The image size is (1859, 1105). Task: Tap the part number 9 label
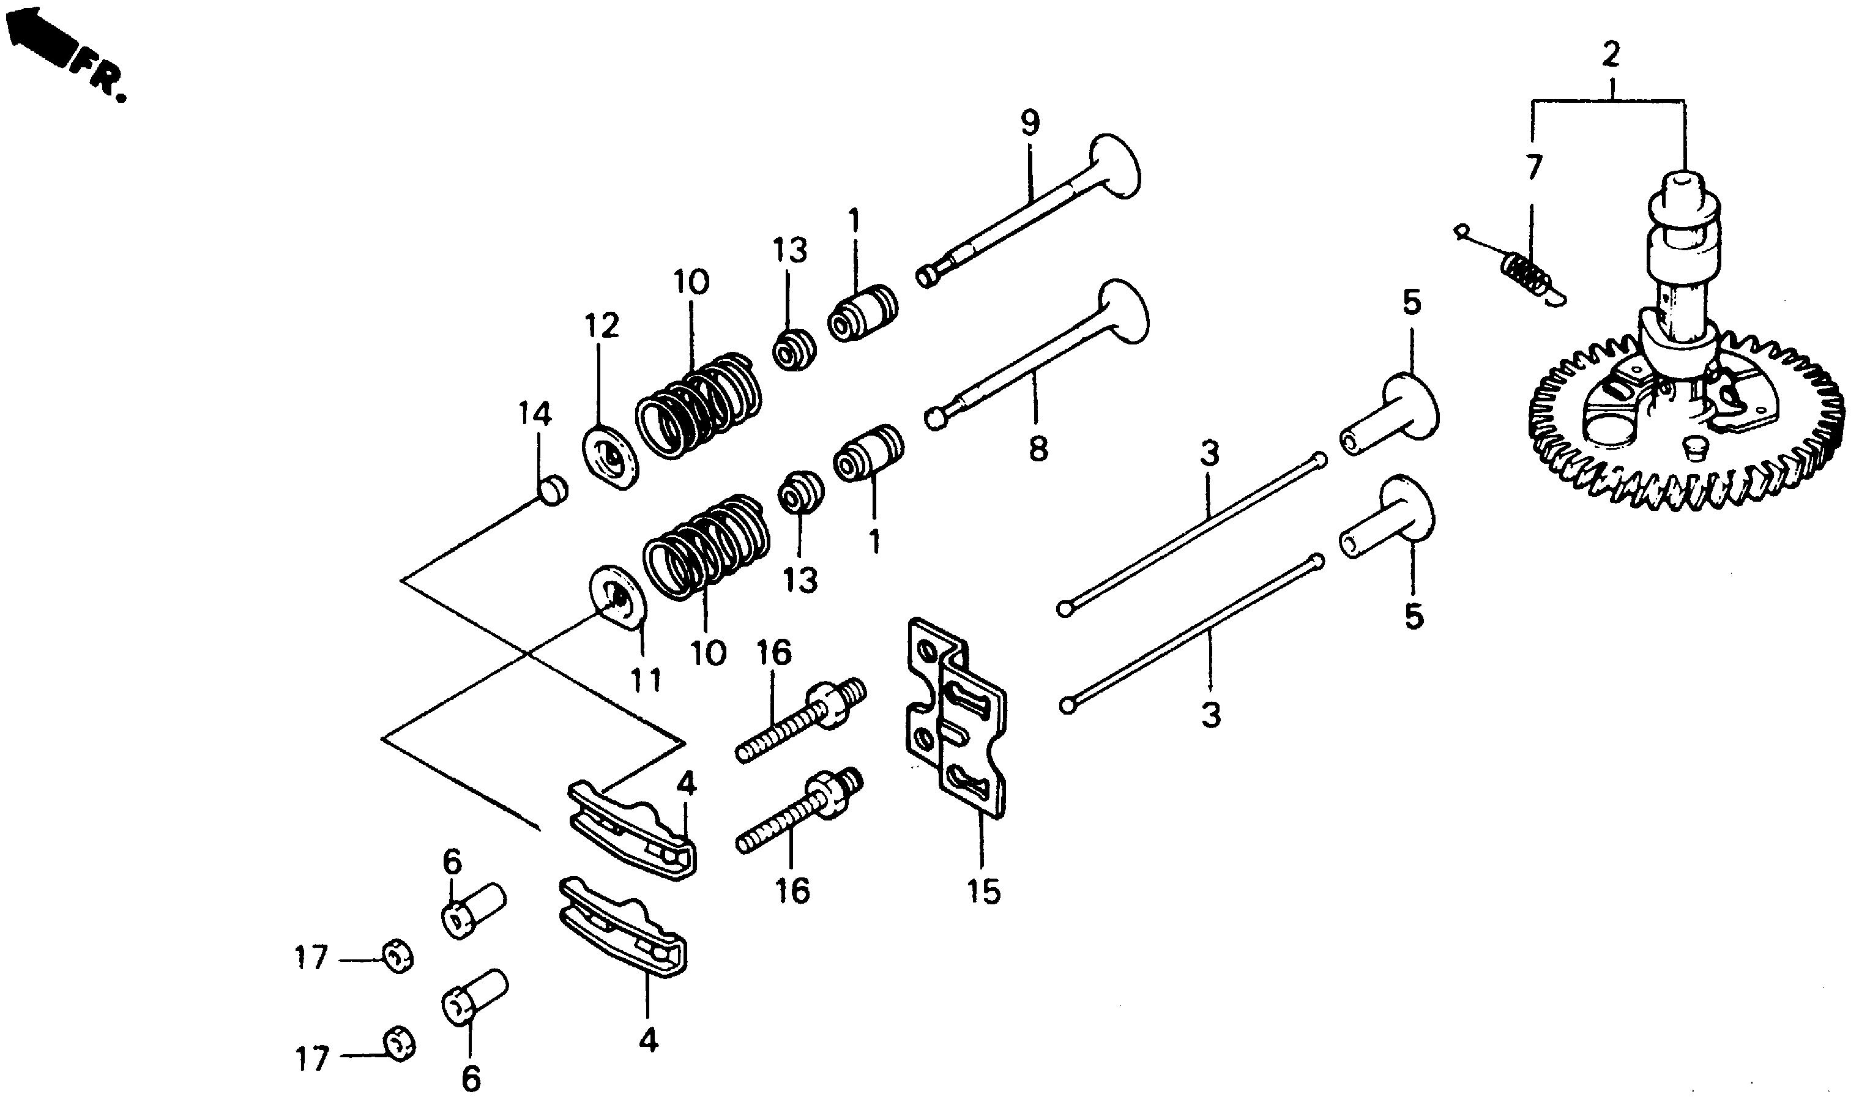tap(1030, 124)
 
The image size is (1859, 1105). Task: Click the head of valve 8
tap(1124, 311)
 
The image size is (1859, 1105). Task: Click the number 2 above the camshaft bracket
tap(1611, 55)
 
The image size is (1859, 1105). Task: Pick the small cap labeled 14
tap(552, 490)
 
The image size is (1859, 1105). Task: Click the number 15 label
tap(983, 891)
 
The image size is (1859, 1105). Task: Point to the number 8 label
tap(1037, 449)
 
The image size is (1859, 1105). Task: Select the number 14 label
tap(535, 414)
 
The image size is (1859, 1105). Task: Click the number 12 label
tap(602, 326)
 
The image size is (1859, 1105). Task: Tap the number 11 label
tap(645, 679)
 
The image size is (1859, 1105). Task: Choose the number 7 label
tap(1532, 168)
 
